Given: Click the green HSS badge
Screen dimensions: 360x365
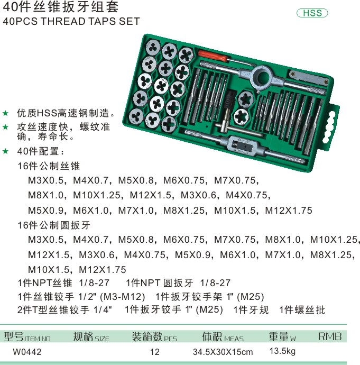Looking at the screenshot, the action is [312, 13].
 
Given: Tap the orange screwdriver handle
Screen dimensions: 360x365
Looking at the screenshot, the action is [213, 56].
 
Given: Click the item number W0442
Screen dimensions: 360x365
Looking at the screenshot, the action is [27, 352].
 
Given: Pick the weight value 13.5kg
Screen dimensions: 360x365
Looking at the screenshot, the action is [282, 351].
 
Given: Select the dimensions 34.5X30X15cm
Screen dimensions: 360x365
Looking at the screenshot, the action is [223, 352].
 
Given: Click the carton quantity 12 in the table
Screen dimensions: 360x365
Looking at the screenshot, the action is [155, 352].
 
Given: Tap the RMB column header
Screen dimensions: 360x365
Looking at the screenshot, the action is [330, 336].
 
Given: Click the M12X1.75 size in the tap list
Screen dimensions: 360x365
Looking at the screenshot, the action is [289, 211].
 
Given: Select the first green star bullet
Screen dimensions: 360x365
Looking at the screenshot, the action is [5, 113].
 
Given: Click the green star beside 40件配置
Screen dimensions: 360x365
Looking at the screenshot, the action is [5, 151].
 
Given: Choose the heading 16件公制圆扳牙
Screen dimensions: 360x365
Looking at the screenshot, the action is [54, 225].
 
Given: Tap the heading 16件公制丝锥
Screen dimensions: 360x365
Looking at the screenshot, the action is [49, 166].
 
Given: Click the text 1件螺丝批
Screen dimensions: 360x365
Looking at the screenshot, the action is [302, 310].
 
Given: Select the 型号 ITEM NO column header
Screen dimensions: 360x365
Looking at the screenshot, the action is [27, 336].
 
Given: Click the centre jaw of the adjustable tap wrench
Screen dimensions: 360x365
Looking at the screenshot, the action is [242, 146].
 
